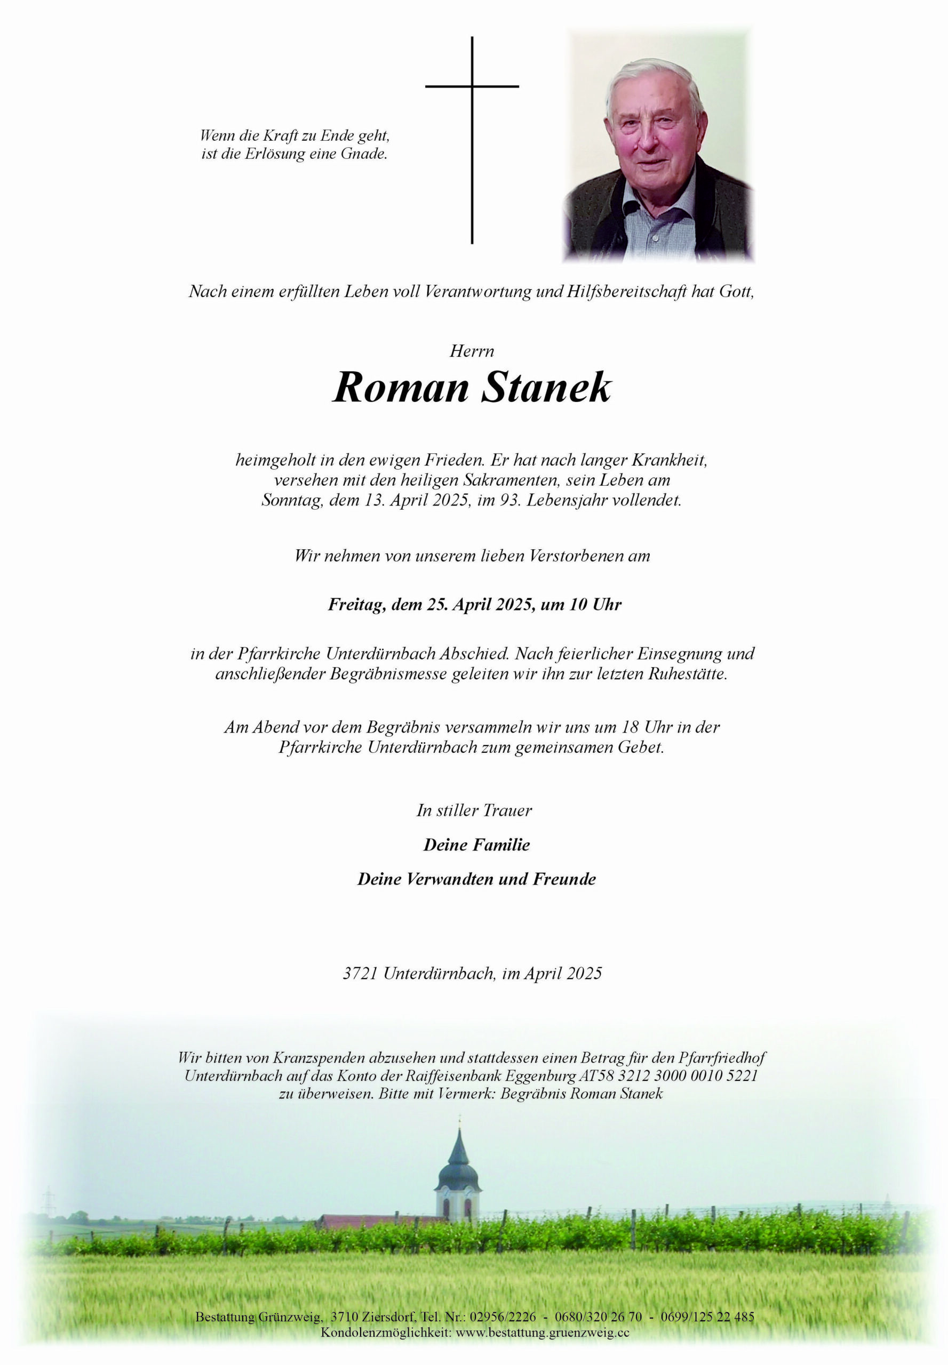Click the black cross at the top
472,87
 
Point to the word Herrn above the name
472,351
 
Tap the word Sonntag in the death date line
292,500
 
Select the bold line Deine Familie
476,845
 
